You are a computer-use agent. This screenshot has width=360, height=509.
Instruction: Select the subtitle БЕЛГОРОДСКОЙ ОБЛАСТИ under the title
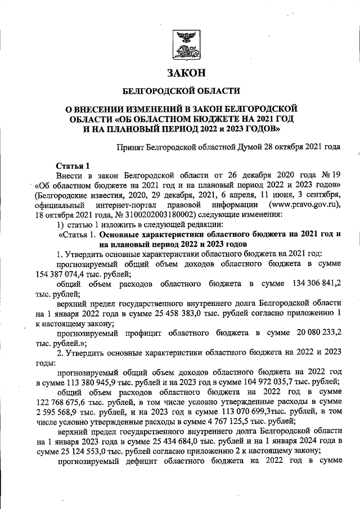point(182,91)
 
